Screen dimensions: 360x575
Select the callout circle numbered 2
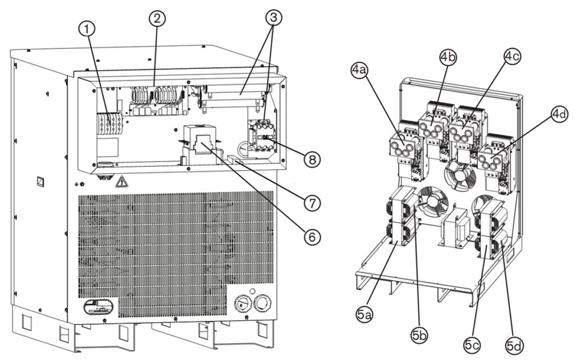point(158,18)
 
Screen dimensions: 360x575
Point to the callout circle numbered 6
point(313,236)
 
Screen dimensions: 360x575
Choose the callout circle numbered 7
point(313,202)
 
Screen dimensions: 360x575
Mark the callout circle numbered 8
point(313,160)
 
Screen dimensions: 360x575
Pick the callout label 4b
point(448,57)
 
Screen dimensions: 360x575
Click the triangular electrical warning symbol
point(120,183)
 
